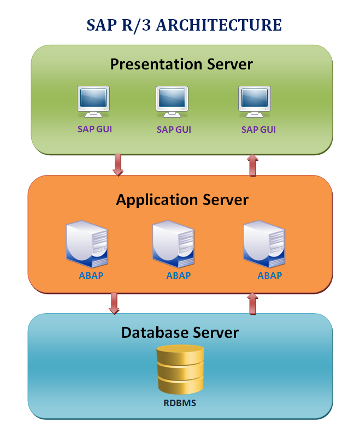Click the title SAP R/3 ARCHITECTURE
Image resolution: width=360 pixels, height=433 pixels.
[184, 25]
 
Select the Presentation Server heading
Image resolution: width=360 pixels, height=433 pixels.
[181, 64]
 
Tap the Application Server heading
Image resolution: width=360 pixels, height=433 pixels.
[182, 200]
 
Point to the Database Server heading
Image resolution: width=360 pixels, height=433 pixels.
[180, 332]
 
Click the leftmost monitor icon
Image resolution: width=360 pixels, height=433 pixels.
[94, 102]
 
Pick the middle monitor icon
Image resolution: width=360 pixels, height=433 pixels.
[173, 102]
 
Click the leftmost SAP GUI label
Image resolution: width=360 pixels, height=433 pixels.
[94, 130]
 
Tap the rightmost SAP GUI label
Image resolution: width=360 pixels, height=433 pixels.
[258, 130]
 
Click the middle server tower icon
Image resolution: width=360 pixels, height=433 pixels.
[173, 243]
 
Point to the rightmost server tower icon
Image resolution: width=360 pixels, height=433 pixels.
[264, 243]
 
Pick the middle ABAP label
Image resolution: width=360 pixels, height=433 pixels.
[179, 276]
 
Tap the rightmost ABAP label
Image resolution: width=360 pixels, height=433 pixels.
[269, 276]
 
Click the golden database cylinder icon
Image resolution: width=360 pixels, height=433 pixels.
[180, 370]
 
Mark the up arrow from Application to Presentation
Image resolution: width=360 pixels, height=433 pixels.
[252, 165]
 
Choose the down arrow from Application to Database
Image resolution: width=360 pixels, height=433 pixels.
[114, 303]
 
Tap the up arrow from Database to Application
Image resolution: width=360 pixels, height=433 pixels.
[252, 303]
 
